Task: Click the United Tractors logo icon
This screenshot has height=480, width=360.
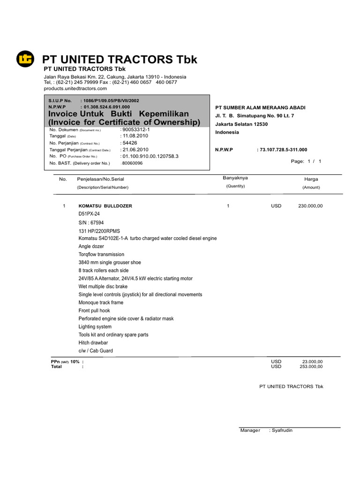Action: click(26, 59)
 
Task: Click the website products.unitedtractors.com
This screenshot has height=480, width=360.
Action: click(75, 88)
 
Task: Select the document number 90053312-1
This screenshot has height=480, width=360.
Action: click(135, 129)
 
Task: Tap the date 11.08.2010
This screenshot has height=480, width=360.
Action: click(135, 135)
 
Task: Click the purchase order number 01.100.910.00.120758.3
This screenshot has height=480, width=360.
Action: click(150, 156)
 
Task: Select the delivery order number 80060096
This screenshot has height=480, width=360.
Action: click(132, 163)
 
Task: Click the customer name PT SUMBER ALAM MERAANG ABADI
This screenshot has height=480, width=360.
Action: click(260, 108)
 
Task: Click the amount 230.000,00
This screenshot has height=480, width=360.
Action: click(310, 206)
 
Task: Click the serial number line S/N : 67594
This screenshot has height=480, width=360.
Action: click(91, 223)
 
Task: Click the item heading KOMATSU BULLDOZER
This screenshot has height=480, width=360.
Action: click(105, 206)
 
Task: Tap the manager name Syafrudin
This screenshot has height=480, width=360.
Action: click(281, 430)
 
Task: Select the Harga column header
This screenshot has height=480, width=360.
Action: click(311, 179)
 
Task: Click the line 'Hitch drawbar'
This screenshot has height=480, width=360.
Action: click(93, 343)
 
